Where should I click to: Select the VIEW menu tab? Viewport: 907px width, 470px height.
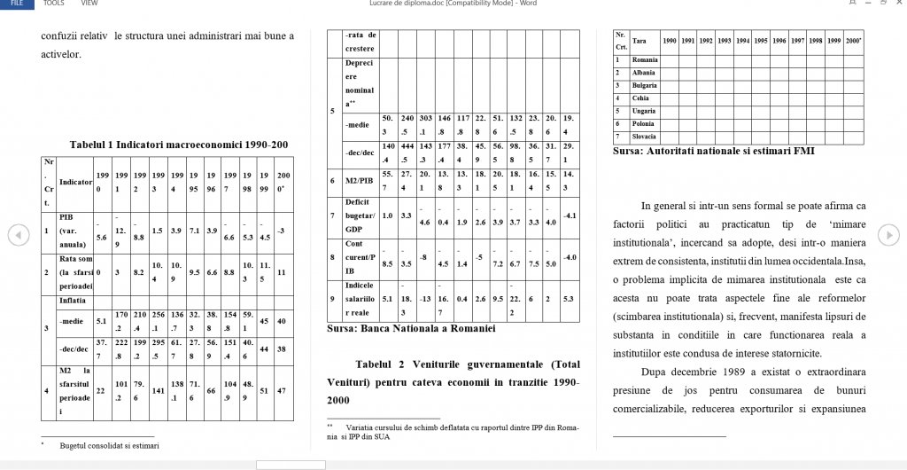tap(89, 4)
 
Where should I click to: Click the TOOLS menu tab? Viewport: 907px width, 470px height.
tap(54, 4)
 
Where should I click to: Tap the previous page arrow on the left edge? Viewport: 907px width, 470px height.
tap(15, 234)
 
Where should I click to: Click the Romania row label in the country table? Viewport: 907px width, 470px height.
tap(645, 59)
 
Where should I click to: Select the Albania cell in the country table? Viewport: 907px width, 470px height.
tap(644, 73)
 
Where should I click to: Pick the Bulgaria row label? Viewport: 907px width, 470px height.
tap(645, 85)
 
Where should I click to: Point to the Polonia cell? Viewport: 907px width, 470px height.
tap(644, 124)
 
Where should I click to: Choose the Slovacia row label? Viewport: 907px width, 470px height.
tap(645, 137)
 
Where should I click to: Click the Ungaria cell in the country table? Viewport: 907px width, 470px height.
tap(644, 111)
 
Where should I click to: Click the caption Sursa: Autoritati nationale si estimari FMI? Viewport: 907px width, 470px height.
tap(714, 151)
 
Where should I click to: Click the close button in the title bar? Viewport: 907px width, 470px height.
tap(896, 4)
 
